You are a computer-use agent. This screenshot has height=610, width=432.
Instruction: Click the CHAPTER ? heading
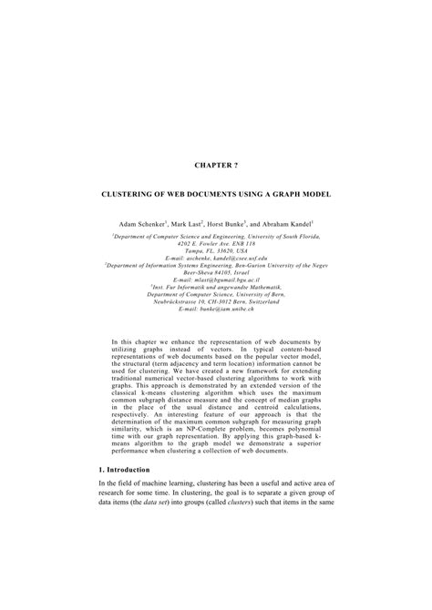pyautogui.click(x=216, y=166)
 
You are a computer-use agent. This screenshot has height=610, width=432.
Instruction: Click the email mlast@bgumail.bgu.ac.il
pyautogui.click(x=216, y=283)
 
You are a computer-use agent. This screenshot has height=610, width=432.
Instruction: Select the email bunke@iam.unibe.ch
pyautogui.click(x=216, y=311)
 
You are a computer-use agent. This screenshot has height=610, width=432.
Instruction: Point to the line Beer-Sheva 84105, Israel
pyautogui.click(x=216, y=276)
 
